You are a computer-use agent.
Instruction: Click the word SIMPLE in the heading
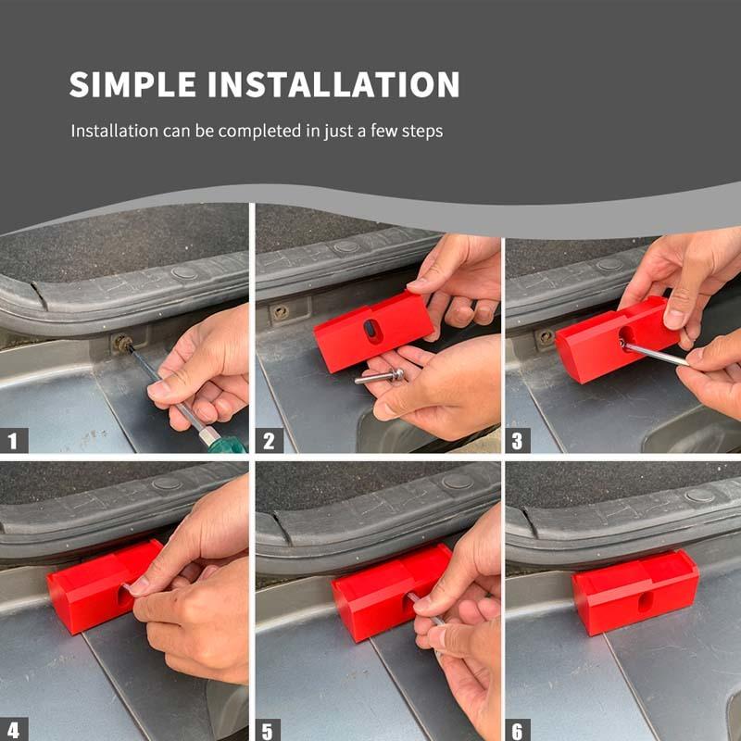point(132,84)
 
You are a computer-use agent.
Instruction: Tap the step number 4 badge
point(14,729)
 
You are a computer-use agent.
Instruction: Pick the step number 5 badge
point(268,729)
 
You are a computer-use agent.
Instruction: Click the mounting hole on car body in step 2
point(280,312)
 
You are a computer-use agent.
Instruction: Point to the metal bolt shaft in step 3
point(653,354)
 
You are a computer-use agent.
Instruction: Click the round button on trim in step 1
point(184,273)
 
